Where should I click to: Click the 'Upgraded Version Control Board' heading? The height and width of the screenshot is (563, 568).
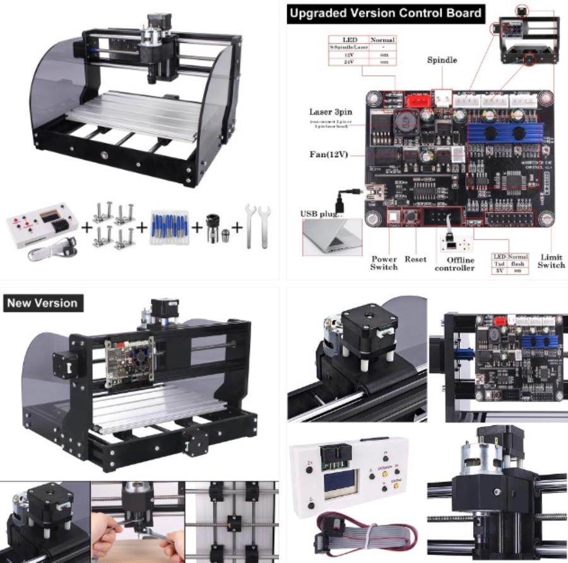point(385,13)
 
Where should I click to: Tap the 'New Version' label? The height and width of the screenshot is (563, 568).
point(42,303)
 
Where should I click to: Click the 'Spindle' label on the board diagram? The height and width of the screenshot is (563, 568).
point(442,61)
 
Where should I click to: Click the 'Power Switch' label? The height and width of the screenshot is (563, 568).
point(384,263)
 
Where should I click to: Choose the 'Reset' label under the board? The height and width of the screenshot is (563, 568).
point(415,259)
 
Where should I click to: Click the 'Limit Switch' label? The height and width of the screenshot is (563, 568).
point(550,261)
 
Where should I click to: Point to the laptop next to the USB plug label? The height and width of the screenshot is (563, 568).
point(332,237)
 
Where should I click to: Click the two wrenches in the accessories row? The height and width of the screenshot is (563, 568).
point(256,225)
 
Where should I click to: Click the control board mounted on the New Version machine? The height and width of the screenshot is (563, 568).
point(129,360)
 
